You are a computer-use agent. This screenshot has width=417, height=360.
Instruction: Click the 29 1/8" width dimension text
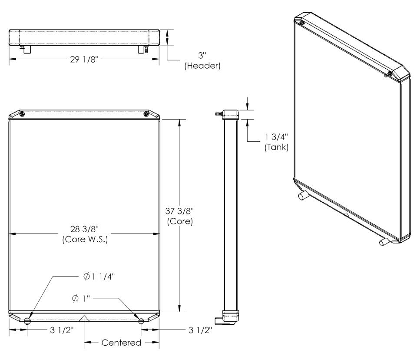[84, 59]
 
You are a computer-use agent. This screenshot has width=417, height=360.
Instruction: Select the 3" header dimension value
[202, 55]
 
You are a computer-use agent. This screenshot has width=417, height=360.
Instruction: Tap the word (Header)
[202, 66]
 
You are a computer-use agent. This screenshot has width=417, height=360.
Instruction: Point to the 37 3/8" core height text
[179, 211]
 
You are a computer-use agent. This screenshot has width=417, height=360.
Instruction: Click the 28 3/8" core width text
[84, 229]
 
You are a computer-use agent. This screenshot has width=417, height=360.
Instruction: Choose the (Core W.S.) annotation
[85, 240]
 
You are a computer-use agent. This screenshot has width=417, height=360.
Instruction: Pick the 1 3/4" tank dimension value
[276, 137]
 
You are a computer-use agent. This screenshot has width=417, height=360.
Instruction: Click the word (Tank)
[276, 147]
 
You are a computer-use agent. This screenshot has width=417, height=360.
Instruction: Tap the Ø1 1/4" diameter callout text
[99, 277]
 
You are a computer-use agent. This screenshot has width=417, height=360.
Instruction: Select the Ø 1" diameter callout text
[81, 299]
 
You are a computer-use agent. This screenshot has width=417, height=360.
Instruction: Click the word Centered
[121, 343]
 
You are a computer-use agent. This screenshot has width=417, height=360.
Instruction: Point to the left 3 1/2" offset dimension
[62, 330]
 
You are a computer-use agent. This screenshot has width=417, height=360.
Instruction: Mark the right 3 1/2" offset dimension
[200, 330]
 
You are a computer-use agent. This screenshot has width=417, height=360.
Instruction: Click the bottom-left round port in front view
[27, 321]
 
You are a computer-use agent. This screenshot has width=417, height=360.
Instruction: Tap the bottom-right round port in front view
[141, 321]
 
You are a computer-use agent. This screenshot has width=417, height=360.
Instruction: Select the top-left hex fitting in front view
[22, 114]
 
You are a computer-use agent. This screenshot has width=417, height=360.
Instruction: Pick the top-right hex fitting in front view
[146, 114]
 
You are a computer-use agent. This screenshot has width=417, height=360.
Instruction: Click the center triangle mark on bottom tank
[84, 318]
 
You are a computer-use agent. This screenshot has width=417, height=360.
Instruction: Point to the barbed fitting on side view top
[219, 114]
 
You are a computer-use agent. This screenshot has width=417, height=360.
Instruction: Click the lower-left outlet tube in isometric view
[303, 196]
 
